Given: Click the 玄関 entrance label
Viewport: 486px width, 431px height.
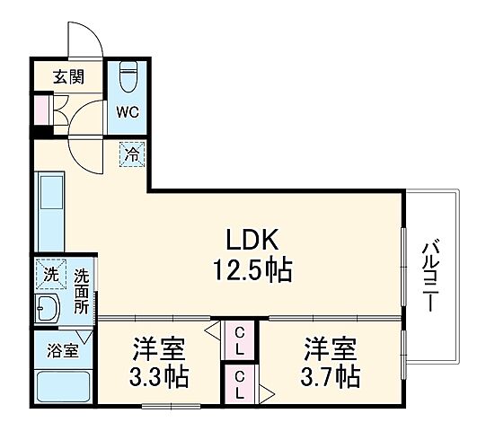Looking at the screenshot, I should click(67, 77).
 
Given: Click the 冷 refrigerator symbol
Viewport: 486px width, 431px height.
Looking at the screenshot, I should click(131, 155).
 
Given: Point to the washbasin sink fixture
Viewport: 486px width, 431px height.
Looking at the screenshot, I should click(47, 310).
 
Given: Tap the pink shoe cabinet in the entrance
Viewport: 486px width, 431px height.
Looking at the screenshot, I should click(40, 109).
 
